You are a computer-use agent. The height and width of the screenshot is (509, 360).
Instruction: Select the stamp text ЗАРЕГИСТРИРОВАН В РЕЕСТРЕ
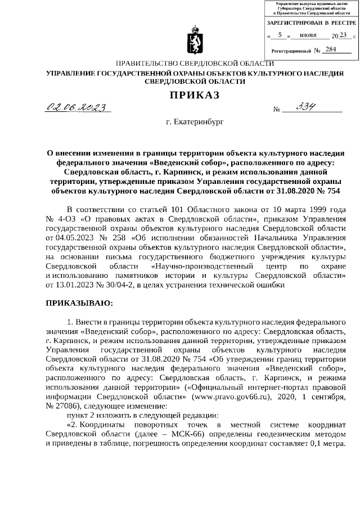click(311, 22)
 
